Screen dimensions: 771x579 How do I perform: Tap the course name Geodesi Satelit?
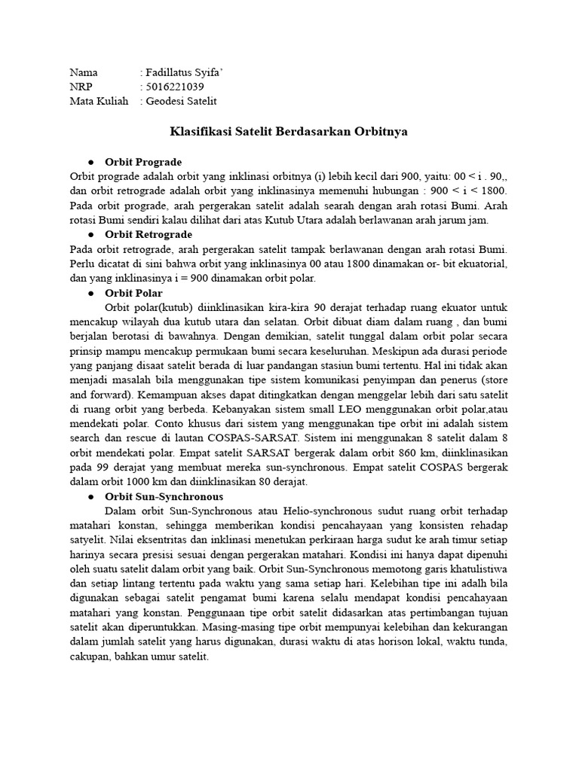point(182,101)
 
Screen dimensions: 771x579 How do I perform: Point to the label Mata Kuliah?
point(99,101)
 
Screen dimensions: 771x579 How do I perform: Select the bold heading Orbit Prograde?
point(143,162)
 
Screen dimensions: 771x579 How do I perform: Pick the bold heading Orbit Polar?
point(133,293)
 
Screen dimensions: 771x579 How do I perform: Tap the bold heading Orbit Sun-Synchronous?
point(164,497)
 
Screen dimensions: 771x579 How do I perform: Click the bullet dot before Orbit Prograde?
point(90,162)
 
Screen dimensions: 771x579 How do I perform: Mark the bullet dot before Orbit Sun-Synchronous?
point(90,497)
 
